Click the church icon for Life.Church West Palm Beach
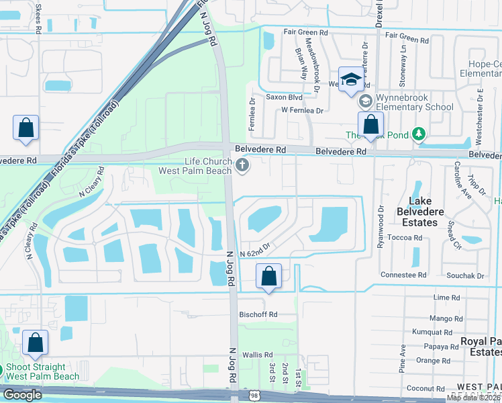coord(242,165)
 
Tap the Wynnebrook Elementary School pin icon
coord(366,101)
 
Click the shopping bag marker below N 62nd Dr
coord(268,276)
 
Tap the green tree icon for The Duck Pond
coord(419,135)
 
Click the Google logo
coord(22,395)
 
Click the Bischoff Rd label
coord(258,314)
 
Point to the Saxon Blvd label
coord(285,97)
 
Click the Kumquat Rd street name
coord(434,332)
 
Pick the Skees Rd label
coord(38,14)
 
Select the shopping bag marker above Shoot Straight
coord(35,343)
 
